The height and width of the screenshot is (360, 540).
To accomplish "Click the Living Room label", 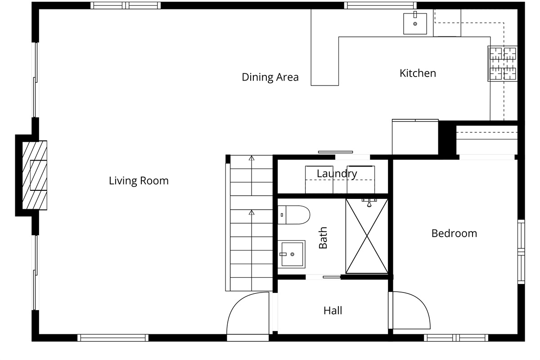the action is coord(139,181).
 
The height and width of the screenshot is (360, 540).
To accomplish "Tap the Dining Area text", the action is coord(270,77).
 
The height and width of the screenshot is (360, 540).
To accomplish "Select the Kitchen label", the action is coord(418,73).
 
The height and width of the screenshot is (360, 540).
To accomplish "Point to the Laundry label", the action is coord(337,174).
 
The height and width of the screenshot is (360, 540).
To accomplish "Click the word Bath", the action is coord(323,238).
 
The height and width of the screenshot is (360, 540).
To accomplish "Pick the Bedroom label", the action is coord(454,234).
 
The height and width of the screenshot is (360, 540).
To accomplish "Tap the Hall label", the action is coord(333,310).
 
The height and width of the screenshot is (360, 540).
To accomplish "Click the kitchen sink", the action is coord(415,23).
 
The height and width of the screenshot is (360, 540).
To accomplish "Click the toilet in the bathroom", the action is coord(293,215).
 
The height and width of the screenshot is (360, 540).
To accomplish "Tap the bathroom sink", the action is coord(292,254).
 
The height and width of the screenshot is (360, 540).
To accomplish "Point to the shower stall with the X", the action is coord(367,236).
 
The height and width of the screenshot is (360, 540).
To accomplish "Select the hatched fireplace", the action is coord(35,175).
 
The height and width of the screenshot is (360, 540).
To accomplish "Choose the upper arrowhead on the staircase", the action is coord(252,158).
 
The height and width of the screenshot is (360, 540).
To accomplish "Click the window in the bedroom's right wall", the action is coord(521,252).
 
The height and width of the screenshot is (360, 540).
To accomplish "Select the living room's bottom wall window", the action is coord(113,338).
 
